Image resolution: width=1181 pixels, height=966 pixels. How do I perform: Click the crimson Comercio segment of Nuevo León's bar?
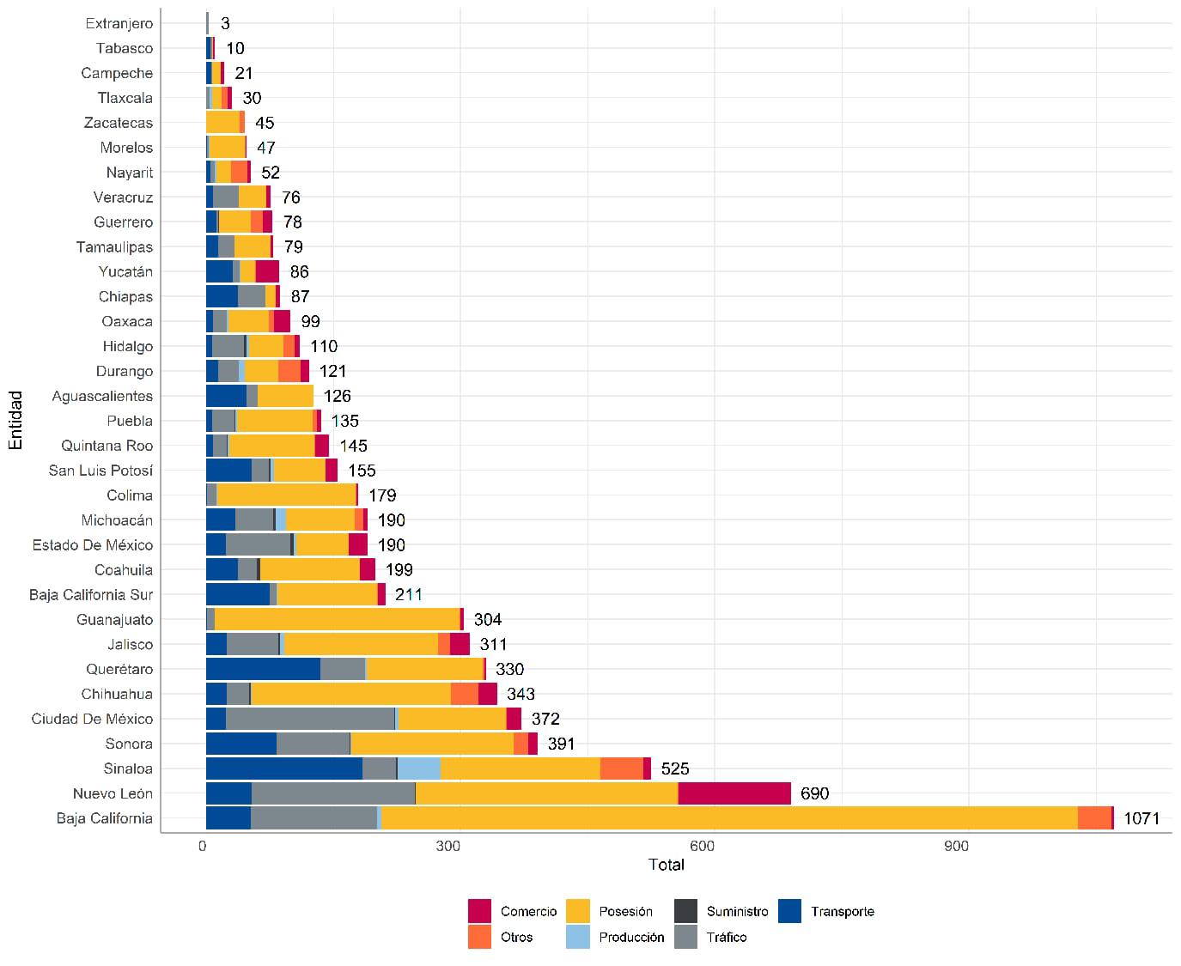pyautogui.click(x=734, y=793)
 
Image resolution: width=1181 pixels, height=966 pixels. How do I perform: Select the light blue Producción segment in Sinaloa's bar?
pyautogui.click(x=419, y=769)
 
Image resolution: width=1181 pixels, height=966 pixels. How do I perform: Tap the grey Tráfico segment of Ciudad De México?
pyautogui.click(x=310, y=719)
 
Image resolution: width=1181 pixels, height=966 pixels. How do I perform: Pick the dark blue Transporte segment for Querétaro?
pyautogui.click(x=263, y=669)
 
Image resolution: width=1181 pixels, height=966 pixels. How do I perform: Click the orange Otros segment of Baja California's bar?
pyautogui.click(x=1094, y=818)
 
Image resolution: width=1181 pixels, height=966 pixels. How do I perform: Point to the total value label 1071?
pyautogui.click(x=1141, y=818)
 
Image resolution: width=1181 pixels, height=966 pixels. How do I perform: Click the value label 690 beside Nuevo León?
pyautogui.click(x=814, y=793)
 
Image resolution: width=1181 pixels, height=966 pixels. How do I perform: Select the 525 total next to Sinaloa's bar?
pyautogui.click(x=675, y=769)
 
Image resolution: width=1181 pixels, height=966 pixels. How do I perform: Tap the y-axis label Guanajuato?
pyautogui.click(x=115, y=619)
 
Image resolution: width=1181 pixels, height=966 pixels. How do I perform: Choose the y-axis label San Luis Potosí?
pyautogui.click(x=100, y=471)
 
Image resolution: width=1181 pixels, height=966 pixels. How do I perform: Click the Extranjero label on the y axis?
pyautogui.click(x=119, y=23)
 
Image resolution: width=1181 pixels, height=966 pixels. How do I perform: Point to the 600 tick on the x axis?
pyautogui.click(x=703, y=846)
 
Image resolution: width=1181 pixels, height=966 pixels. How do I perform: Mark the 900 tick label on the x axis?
pyautogui.click(x=956, y=846)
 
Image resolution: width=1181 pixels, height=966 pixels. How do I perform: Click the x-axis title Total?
pyautogui.click(x=667, y=865)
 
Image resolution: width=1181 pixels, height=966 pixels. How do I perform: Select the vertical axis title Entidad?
pyautogui.click(x=15, y=420)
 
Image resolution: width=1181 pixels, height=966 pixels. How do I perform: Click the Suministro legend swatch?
pyautogui.click(x=685, y=911)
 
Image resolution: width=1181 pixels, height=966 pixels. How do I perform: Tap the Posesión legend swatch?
pyautogui.click(x=578, y=911)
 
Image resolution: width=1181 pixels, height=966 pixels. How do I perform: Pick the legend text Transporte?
pyautogui.click(x=843, y=912)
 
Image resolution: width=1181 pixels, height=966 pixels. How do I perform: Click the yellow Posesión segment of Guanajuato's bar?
pyautogui.click(x=337, y=619)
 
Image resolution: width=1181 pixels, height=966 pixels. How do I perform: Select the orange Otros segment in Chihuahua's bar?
pyautogui.click(x=464, y=694)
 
